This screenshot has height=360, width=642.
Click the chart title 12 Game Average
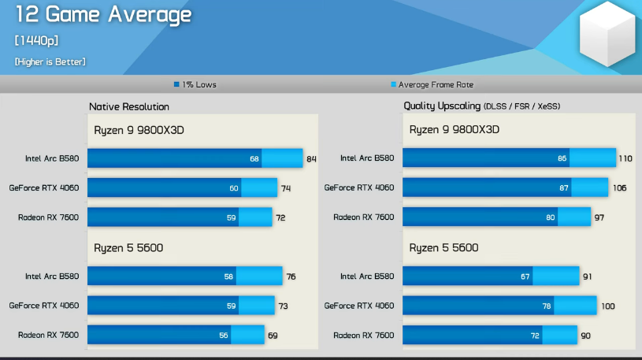tap(103, 14)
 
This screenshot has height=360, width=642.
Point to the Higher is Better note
tap(50, 61)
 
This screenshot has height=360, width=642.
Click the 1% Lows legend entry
tap(195, 84)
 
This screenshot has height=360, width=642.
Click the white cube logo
tap(608, 36)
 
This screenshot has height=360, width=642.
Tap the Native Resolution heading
tap(129, 106)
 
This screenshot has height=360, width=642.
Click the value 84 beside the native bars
tap(311, 159)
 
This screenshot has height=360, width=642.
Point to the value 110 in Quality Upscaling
tap(625, 158)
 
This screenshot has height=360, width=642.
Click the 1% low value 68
tap(254, 159)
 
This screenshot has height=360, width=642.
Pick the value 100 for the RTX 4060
tap(607, 306)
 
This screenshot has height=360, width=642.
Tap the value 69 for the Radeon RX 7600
tap(273, 336)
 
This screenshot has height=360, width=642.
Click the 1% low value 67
tap(525, 276)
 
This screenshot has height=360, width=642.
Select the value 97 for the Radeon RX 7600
tap(599, 217)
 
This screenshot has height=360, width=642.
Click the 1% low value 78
tap(547, 306)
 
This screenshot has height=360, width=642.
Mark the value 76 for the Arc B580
tap(291, 276)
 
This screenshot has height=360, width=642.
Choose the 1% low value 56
tap(224, 336)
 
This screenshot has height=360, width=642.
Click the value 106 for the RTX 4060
tap(619, 188)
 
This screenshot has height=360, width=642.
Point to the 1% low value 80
tap(550, 217)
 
